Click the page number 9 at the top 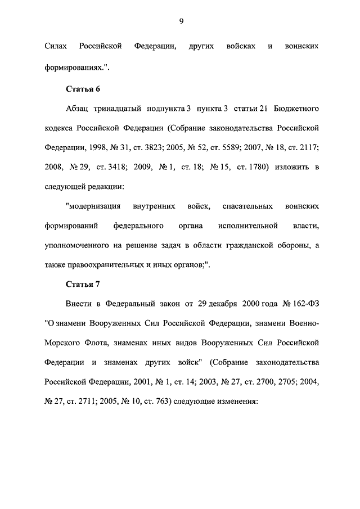click(x=181, y=21)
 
